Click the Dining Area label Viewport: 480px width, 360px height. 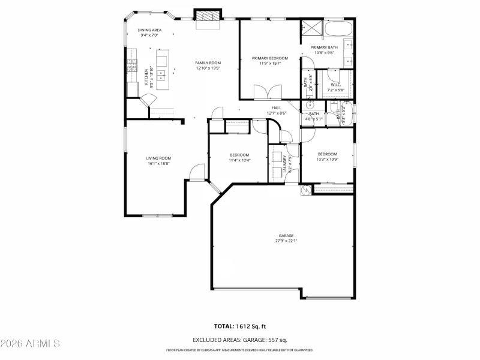pos(149,30)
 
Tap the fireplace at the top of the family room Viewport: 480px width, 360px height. pos(208,16)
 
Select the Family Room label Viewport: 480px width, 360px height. pos(208,63)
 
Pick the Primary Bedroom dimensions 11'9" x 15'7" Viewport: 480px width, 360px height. pos(269,63)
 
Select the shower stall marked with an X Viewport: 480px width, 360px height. pos(311,27)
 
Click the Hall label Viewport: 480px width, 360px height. pos(277,108)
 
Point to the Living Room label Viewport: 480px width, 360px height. pos(159,158)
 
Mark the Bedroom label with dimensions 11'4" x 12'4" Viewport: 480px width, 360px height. pos(239,155)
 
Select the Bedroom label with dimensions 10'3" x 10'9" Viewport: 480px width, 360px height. pos(328,154)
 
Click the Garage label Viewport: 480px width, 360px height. pos(286,235)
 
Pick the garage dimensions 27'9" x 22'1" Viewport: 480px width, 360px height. pos(286,241)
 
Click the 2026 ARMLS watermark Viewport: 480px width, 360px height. pos(30,343)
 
